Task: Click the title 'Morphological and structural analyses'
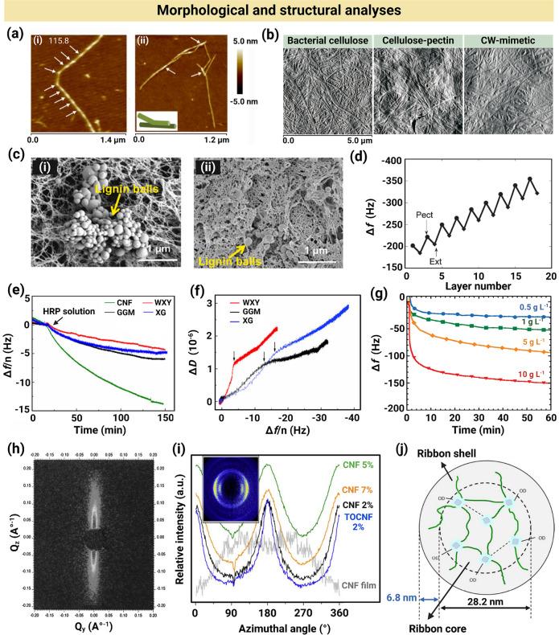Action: point(279,11)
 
